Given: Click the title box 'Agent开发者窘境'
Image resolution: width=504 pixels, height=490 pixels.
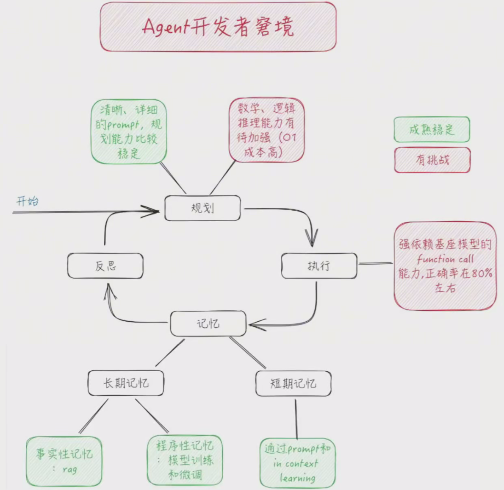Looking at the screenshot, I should (218, 27).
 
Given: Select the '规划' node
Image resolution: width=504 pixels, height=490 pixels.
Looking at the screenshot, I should (202, 208).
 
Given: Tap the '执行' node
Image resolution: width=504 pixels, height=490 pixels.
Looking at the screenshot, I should (319, 266).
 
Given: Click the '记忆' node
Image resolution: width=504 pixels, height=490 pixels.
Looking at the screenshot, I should (208, 324).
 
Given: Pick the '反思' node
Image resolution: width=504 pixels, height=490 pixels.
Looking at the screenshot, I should (105, 266).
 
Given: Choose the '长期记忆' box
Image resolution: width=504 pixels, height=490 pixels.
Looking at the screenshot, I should (126, 383).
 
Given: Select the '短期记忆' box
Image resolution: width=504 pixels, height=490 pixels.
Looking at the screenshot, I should (293, 384).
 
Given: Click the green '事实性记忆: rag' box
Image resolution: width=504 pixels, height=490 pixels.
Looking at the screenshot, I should (64, 461).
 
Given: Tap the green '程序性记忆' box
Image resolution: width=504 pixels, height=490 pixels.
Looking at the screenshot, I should (185, 460).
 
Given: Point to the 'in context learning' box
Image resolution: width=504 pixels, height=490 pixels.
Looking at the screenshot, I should (297, 463).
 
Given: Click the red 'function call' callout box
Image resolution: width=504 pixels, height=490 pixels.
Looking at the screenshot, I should (445, 266).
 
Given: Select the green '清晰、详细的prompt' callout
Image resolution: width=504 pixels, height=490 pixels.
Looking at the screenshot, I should (129, 131).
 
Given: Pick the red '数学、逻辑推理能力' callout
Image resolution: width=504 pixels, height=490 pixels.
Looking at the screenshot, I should (266, 130).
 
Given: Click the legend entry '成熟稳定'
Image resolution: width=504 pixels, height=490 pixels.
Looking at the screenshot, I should (432, 129).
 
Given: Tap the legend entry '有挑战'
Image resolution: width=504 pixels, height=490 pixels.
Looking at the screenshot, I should (432, 160).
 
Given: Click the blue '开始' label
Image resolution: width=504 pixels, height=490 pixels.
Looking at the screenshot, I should (28, 200).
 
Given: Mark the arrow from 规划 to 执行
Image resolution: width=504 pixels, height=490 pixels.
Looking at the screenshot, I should (296, 212).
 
